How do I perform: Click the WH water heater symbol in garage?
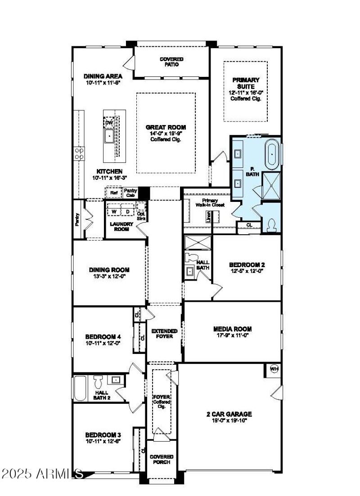point(274,369)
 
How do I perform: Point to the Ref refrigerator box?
point(113,193)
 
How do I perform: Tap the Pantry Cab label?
point(130,193)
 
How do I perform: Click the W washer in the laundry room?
point(114,211)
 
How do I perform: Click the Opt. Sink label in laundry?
point(141,216)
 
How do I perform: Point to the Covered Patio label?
point(171,62)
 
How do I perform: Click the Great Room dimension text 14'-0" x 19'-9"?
point(166,134)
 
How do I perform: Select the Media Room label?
point(232,329)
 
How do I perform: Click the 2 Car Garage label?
point(232,414)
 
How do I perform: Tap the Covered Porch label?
point(162,459)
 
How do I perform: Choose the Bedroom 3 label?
point(103,435)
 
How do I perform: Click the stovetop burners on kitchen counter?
point(79,154)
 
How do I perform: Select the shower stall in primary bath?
point(271,185)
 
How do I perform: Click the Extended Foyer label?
point(164,334)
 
